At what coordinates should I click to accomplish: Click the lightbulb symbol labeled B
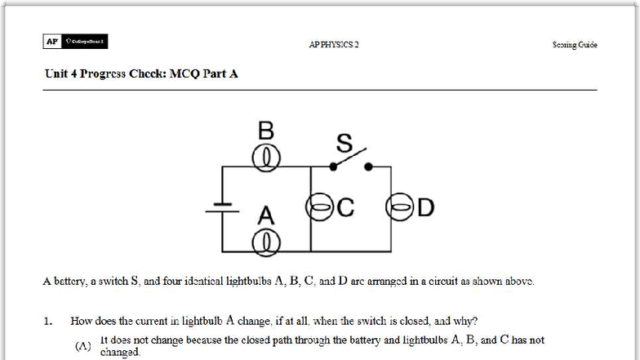click(266, 158)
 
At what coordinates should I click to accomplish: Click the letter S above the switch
click(344, 144)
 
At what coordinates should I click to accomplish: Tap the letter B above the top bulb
click(266, 131)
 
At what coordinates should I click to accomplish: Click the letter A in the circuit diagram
click(266, 216)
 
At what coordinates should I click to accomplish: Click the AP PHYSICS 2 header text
click(333, 44)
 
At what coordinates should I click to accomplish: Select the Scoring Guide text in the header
click(575, 44)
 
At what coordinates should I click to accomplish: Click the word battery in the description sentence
click(69, 282)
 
